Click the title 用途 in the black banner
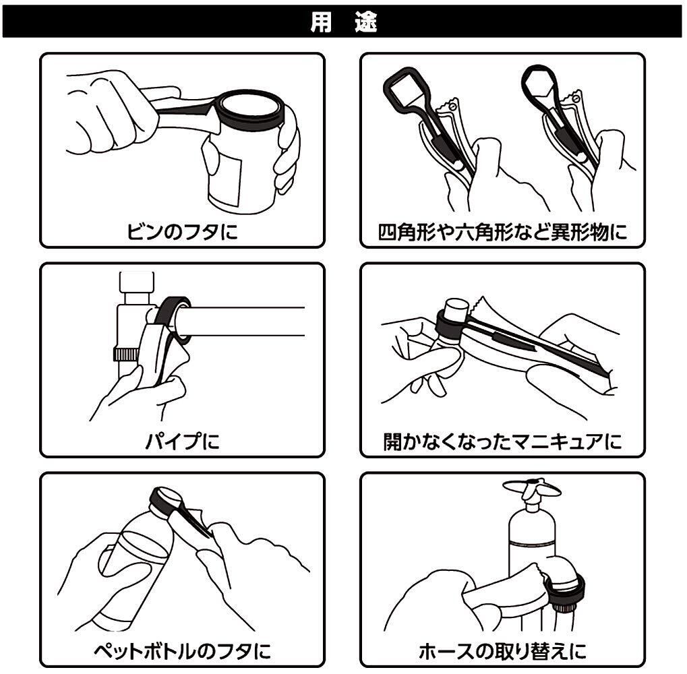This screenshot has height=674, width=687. [344, 22]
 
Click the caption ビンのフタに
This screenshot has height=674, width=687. [182, 231]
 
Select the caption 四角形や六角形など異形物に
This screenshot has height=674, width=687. [502, 232]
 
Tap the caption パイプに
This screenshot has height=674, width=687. [182, 441]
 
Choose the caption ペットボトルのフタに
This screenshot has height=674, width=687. [182, 651]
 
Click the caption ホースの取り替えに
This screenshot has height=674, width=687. [502, 651]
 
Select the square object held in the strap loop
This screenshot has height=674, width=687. [405, 90]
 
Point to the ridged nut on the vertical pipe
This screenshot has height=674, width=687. [126, 354]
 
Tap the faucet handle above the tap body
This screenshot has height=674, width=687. [531, 487]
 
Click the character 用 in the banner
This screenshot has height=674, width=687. [321, 22]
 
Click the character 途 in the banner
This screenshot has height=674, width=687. [366, 22]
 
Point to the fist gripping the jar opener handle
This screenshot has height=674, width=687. [112, 112]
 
